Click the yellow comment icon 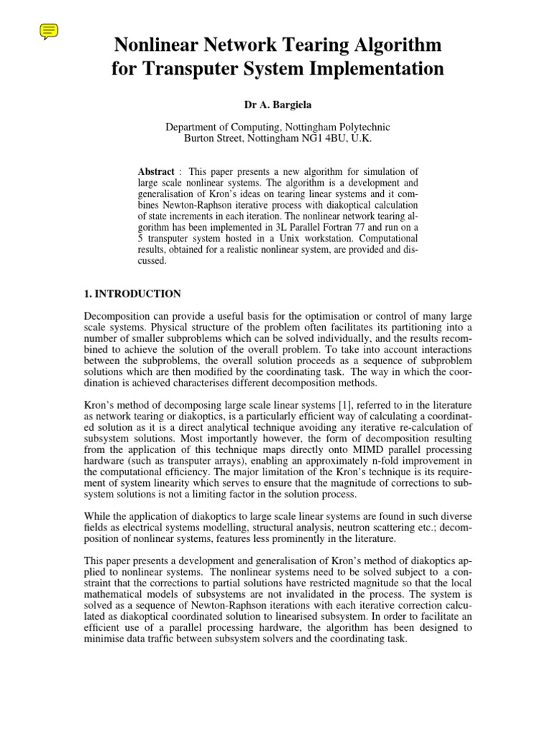pos(49,31)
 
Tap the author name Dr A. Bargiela pos(278,105)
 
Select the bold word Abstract pos(155,172)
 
